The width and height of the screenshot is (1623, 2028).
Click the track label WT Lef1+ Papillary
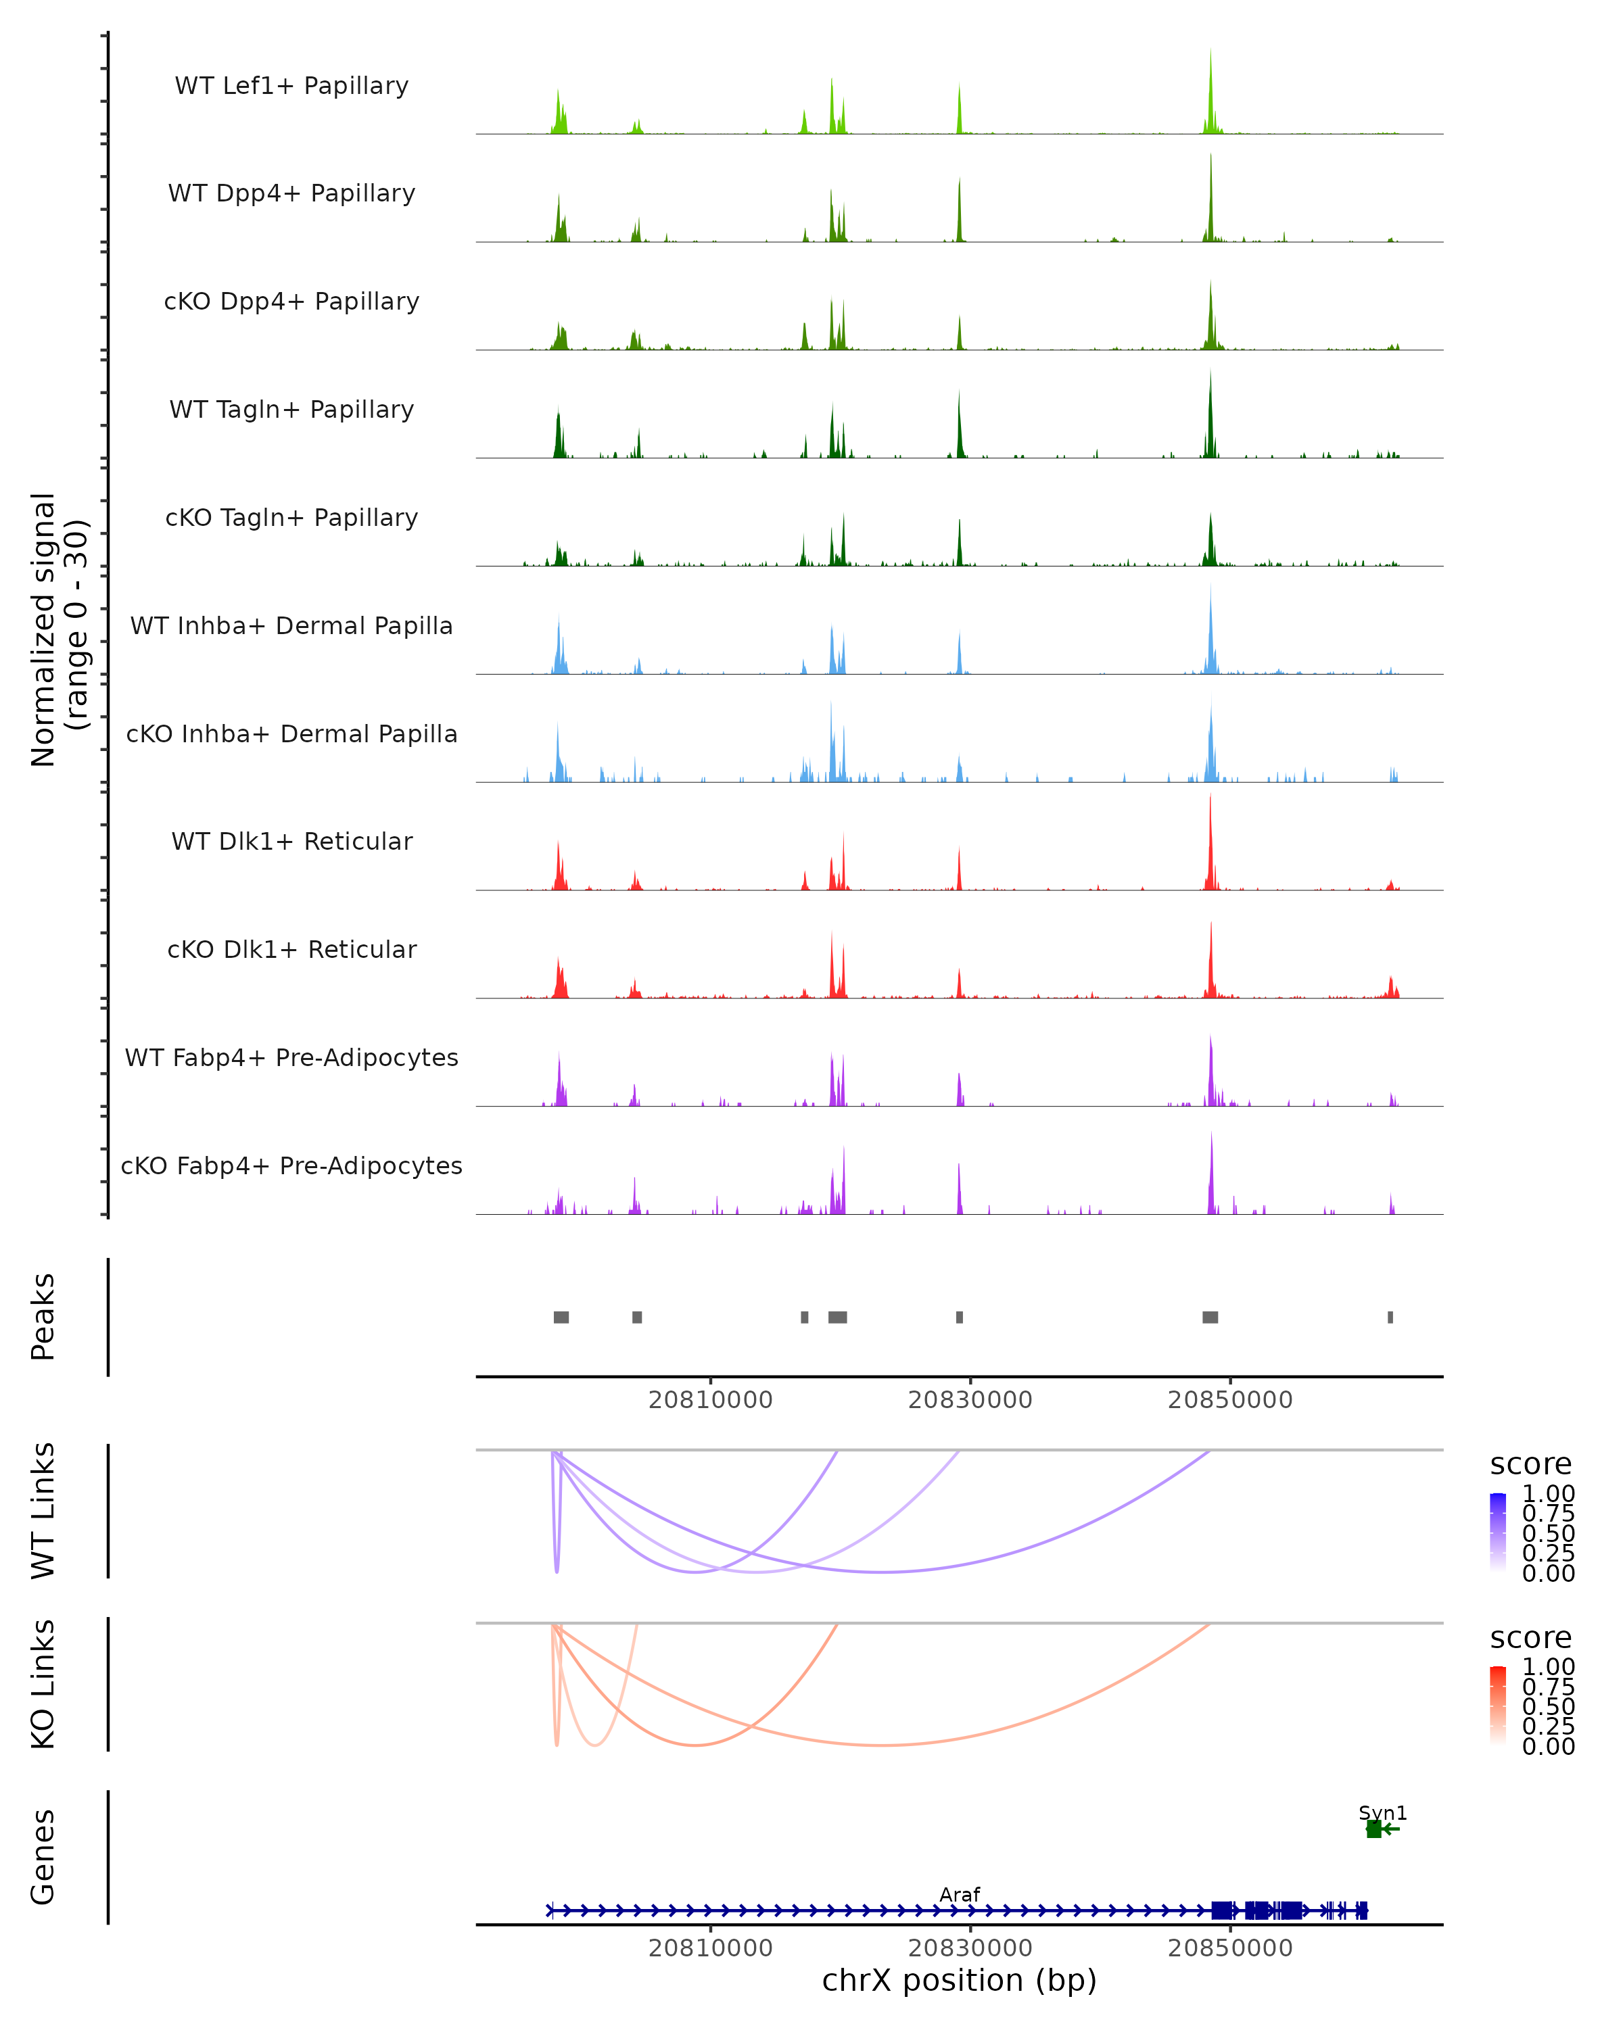291,86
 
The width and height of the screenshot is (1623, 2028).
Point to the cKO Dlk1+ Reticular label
291,949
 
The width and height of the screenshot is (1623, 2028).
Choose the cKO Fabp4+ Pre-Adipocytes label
291,1165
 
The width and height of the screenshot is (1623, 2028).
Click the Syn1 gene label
1382,1812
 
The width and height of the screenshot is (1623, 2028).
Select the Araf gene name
960,1894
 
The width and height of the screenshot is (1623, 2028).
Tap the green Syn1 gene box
1373,1829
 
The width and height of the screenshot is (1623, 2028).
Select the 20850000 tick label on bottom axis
1229,1948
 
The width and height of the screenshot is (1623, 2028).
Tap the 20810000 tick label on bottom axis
710,1948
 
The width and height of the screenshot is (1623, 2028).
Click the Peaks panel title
43,1317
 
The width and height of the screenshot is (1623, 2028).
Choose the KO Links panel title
43,1684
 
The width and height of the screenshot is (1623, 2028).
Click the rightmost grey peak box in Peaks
1390,1317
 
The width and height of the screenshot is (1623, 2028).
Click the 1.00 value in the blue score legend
1549,1494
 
